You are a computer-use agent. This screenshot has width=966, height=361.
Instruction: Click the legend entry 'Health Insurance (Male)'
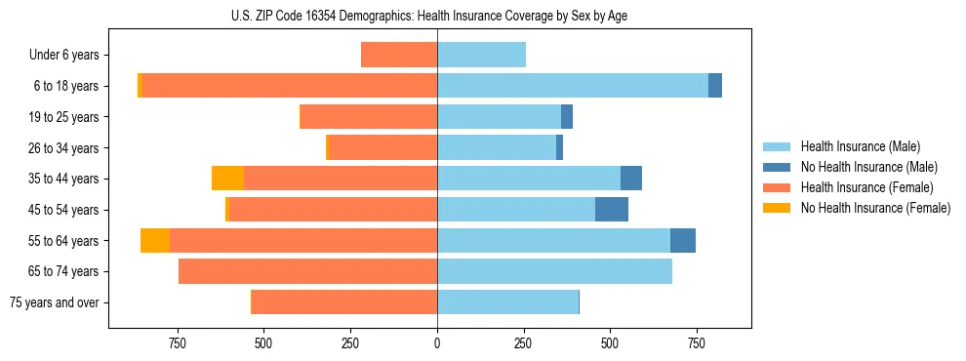[x=860, y=146]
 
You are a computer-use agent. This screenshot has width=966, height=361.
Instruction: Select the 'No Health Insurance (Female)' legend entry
[x=875, y=208]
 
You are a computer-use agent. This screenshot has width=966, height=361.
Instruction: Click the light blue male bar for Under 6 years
[x=481, y=55]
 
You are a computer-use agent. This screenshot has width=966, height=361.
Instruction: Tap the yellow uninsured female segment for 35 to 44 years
[x=227, y=179]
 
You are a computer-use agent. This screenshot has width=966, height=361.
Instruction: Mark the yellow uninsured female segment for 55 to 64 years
[x=155, y=240]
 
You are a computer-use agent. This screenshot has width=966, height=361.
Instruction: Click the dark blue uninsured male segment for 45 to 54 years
[x=612, y=210]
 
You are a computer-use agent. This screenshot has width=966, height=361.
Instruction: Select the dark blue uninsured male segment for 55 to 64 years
[x=683, y=240]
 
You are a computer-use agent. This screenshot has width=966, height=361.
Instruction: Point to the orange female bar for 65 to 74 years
[x=307, y=271]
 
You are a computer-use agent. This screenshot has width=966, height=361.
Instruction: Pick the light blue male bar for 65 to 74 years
[x=554, y=271]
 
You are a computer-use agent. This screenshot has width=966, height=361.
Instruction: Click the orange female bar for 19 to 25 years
[x=368, y=117]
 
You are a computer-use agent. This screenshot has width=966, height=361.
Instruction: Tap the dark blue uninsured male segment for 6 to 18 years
[x=715, y=86]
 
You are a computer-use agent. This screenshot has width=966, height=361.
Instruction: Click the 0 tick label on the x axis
[x=437, y=343]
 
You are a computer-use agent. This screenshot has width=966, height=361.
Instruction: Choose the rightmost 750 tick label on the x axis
[x=697, y=343]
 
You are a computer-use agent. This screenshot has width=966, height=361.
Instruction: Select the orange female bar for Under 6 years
[x=399, y=55]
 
